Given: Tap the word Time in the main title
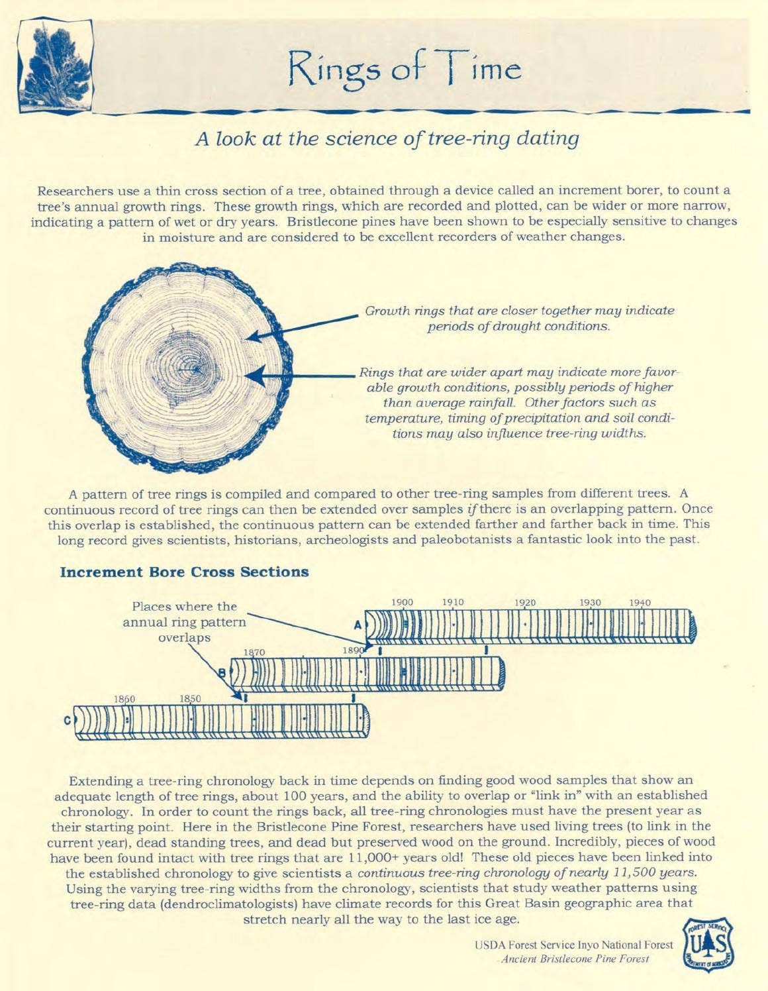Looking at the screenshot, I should coord(483,70).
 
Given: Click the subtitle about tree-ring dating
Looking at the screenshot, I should coord(387,138).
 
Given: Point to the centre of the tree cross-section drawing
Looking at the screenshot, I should coord(195,366).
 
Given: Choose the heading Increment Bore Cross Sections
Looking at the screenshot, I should coord(185,572).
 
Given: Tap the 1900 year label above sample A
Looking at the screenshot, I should coord(402,602).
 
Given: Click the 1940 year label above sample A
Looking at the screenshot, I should coord(640,602).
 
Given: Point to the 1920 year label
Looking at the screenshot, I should coord(525,602).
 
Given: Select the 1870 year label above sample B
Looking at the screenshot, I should coord(254,652).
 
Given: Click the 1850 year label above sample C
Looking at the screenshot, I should coord(190,699).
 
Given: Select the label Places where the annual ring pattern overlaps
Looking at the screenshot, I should coord(185,621).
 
